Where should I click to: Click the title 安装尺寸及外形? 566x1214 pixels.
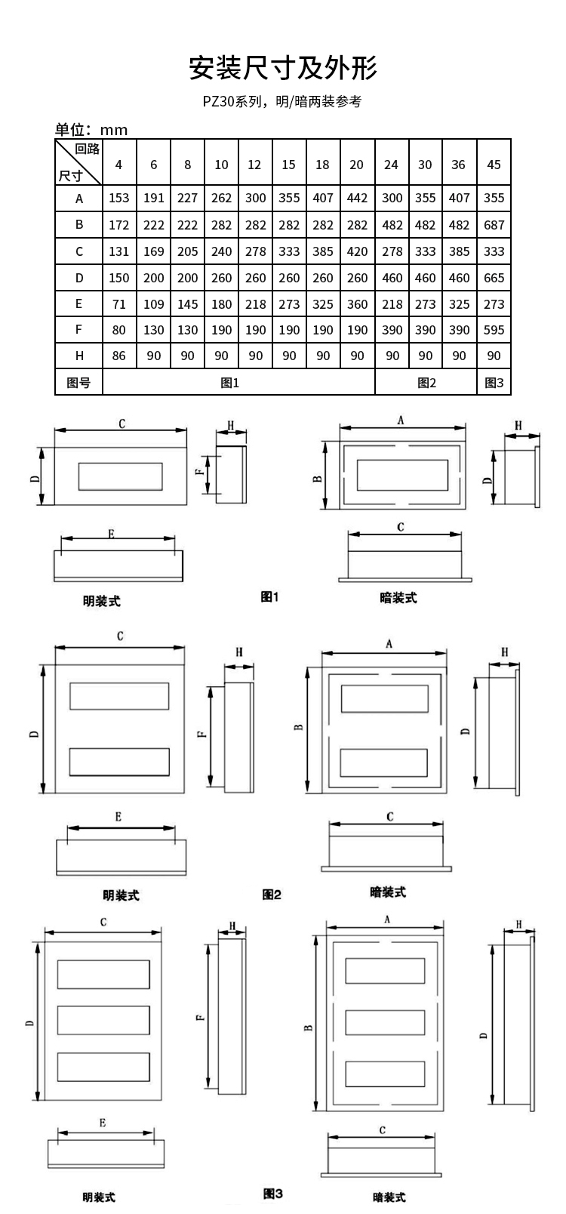coord(283,68)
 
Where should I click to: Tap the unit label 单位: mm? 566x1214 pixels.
coord(91,130)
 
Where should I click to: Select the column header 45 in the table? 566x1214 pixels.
coord(494,165)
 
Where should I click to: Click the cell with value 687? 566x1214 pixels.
coord(494,225)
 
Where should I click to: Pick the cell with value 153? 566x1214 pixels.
coord(118,198)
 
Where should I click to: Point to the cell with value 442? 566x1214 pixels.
coord(357,198)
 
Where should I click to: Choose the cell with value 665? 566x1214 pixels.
coord(494,278)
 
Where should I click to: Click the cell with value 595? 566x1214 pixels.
coord(494,330)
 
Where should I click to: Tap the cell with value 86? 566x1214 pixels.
coord(118,356)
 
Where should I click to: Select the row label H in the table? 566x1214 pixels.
coord(79,356)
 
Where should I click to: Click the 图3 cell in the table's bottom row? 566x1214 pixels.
coord(494,384)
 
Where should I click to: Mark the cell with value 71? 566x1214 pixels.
coord(118,304)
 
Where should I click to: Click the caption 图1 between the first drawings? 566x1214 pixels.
coord(269,596)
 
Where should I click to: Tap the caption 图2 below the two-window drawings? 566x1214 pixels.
coord(272,895)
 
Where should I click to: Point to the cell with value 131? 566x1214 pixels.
coord(118,251)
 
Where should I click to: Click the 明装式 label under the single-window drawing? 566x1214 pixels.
coord(101,601)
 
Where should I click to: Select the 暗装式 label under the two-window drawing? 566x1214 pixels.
coord(388,892)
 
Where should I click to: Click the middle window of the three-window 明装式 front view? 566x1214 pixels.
coord(103,1020)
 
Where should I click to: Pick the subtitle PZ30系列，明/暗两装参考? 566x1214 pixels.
coord(282,101)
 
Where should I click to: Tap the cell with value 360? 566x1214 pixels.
coord(357,304)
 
